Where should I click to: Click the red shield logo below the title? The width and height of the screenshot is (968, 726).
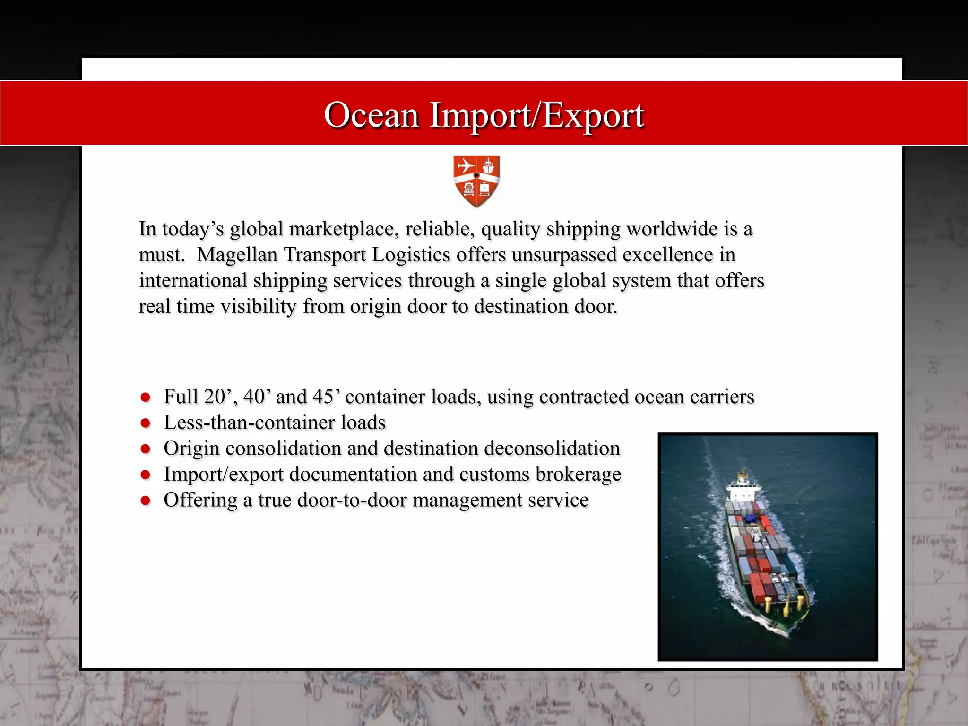coord(476,181)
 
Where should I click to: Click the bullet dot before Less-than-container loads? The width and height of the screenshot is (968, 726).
coord(146,423)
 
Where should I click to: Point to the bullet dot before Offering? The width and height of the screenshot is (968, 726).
coord(146,500)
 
